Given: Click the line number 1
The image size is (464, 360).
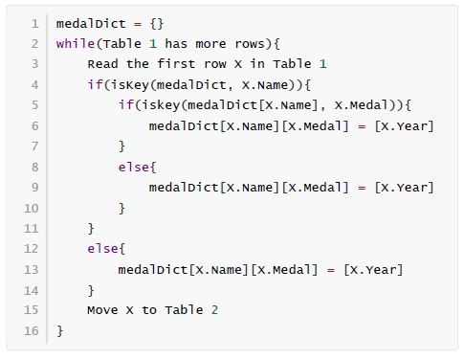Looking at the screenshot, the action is [35, 24].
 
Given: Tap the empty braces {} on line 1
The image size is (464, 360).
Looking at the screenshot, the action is [157, 24].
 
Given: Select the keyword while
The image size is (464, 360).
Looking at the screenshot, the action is [76, 43].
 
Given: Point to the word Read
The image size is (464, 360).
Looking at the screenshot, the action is [102, 64].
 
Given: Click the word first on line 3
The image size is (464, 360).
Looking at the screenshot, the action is [176, 63].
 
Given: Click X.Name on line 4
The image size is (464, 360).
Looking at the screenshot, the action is [265, 85].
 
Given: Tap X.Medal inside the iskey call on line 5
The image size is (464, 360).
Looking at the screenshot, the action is [362, 105].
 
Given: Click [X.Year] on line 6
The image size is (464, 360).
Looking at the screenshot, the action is [405, 126].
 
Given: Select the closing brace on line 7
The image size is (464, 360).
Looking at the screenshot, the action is [122, 146].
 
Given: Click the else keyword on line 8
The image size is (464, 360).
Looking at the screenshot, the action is [134, 167].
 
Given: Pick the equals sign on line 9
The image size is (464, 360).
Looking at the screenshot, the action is [362, 188].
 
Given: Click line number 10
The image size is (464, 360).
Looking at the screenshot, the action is [32, 208].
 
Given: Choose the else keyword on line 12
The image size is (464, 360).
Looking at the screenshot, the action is [102, 248].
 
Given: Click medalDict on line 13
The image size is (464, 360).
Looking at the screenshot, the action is [153, 269].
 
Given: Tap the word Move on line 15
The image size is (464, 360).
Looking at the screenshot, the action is [102, 310].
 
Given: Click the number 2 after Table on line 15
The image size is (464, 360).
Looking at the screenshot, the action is [214, 310].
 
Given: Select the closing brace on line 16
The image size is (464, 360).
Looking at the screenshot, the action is [59, 330].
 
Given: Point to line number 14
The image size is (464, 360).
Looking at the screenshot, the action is [32, 290].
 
